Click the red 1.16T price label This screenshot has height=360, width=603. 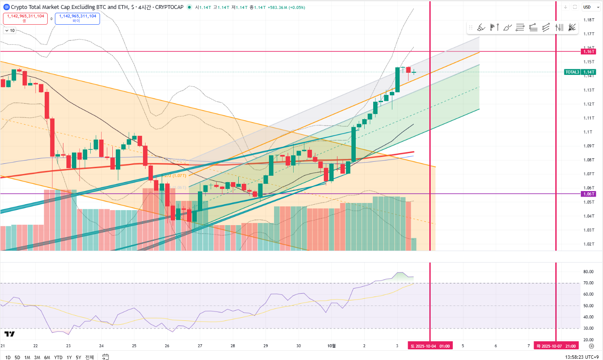click(589, 51)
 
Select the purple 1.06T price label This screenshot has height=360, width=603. click(589, 194)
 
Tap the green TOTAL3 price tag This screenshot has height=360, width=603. click(580, 72)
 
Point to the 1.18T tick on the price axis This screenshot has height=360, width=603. click(589, 20)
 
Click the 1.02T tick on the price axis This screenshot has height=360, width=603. click(589, 244)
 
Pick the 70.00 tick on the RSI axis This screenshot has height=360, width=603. click(589, 283)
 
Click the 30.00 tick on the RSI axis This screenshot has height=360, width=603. click(589, 329)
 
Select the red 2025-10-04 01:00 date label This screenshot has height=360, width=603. click(430, 346)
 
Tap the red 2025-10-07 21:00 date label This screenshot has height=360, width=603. click(556, 346)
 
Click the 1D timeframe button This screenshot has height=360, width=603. click(8, 357)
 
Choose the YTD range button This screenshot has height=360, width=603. click(58, 357)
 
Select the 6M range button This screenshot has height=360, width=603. click(47, 357)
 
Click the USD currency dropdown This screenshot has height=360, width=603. click(591, 7)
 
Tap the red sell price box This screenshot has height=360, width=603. click(26, 18)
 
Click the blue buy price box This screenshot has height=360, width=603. click(77, 18)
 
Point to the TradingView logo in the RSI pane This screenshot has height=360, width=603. click(9, 334)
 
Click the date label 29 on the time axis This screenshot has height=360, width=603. click(266, 346)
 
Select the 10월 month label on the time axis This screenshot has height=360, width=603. click(332, 346)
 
